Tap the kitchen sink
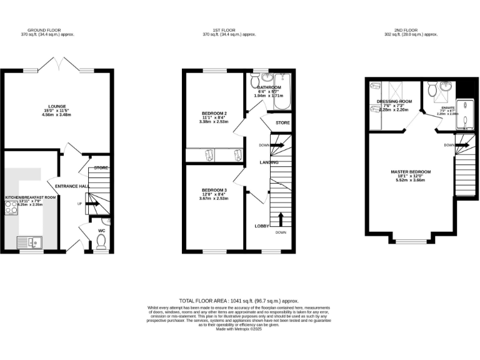[29, 241]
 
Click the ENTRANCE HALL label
[72, 186]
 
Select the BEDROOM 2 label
[214, 113]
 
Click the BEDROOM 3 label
[214, 189]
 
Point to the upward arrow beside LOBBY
[280, 219]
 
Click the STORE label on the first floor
[282, 122]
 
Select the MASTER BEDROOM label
[411, 171]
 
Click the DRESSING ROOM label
[394, 101]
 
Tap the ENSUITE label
[448, 107]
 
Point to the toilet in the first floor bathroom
[254, 81]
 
